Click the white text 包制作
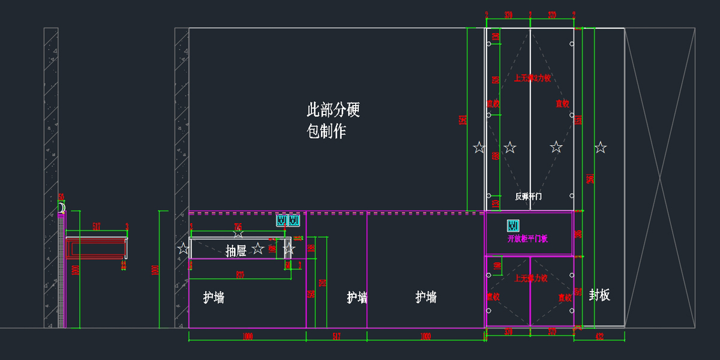(x=326, y=131)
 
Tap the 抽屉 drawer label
(x=236, y=251)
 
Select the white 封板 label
(x=599, y=295)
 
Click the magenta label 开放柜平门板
(x=527, y=238)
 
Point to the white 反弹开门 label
(x=529, y=196)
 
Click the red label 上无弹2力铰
(x=532, y=78)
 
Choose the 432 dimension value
(x=599, y=337)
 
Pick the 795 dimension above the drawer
(x=238, y=226)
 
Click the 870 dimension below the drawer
(x=239, y=275)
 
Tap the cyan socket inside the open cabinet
(x=513, y=226)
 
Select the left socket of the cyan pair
(x=281, y=221)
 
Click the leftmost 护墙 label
(x=214, y=297)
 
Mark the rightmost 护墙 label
(x=426, y=296)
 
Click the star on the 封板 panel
(x=601, y=148)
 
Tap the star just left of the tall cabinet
(x=479, y=148)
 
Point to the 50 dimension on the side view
(x=61, y=197)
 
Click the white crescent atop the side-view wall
(x=62, y=208)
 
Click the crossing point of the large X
(x=660, y=178)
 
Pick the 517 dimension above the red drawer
(x=97, y=226)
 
